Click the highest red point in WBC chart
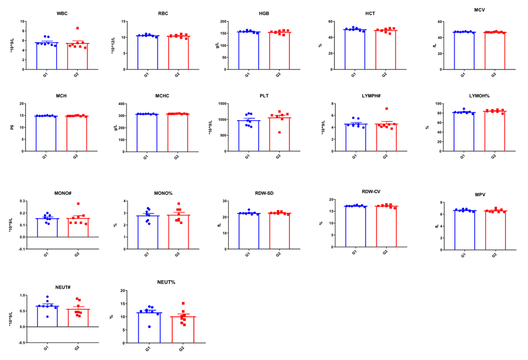click(x=77, y=28)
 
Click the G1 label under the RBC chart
click(x=146, y=75)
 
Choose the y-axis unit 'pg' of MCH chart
click(x=11, y=127)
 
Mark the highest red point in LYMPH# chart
click(x=386, y=109)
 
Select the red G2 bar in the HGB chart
click(x=280, y=51)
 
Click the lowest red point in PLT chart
click(x=280, y=133)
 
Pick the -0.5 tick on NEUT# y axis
click(x=21, y=342)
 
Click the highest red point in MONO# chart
click(x=78, y=203)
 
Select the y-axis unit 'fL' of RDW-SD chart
click(x=220, y=225)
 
